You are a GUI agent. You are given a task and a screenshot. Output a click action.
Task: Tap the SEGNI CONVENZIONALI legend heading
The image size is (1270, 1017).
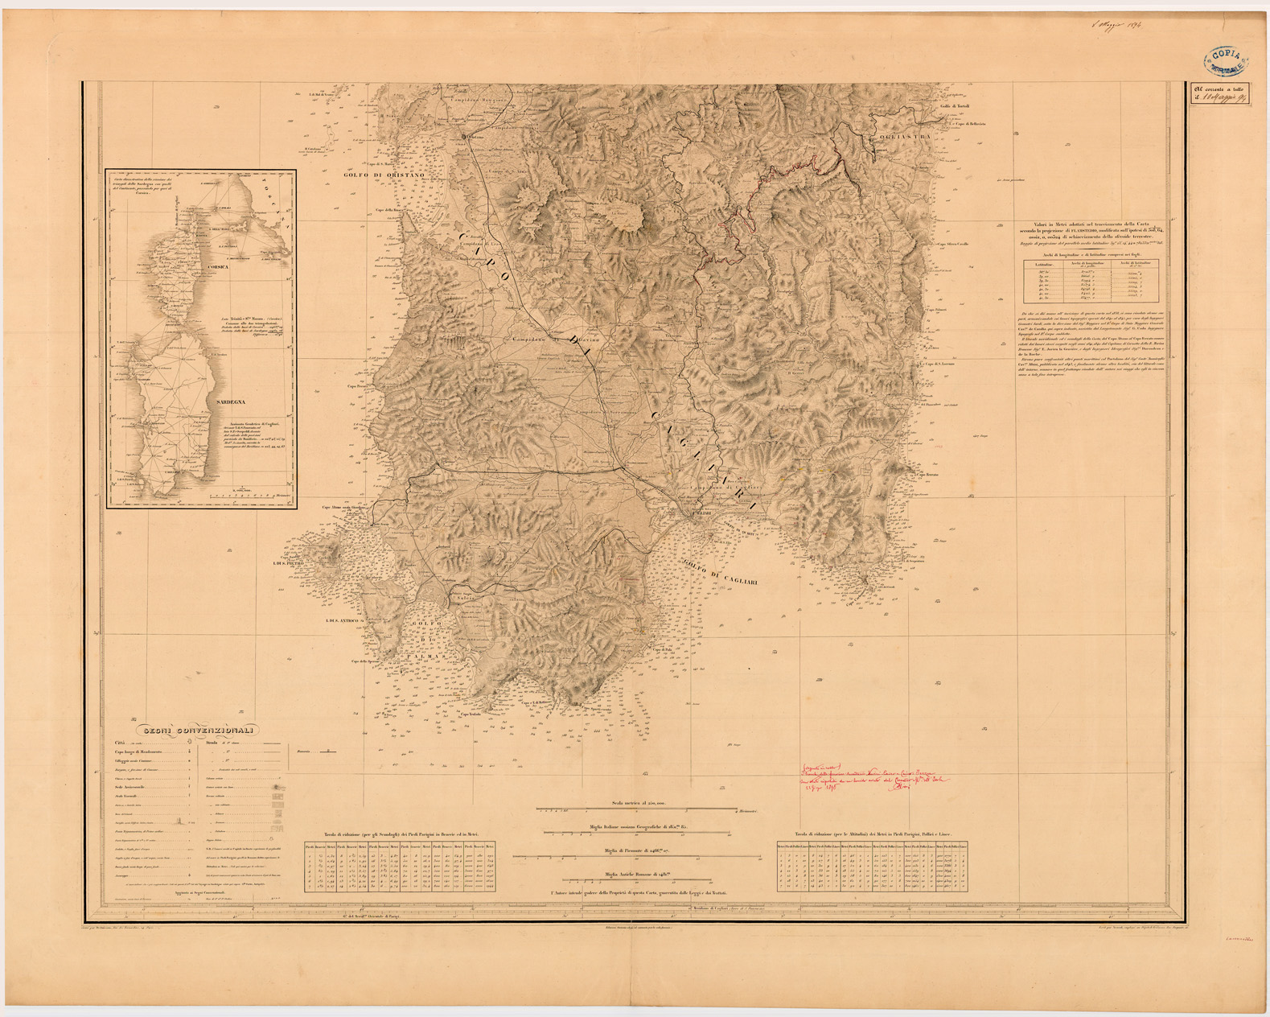tap(198, 731)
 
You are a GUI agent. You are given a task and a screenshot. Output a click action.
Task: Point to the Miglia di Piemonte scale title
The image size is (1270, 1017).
tap(639, 850)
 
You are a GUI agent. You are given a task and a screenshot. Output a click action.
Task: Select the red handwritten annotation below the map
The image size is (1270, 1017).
tap(873, 778)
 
